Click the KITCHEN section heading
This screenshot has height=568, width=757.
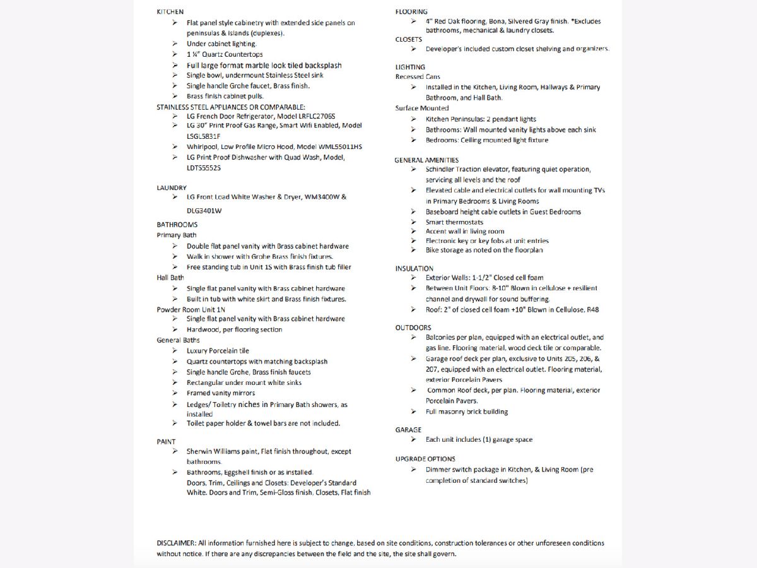click(170, 12)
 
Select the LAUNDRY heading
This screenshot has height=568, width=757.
click(172, 188)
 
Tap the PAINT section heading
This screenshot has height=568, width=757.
click(167, 442)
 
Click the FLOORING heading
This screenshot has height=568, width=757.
click(411, 12)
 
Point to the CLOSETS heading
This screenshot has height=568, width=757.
click(409, 39)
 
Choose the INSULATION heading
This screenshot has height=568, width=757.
click(414, 269)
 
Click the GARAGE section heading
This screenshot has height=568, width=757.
click(408, 430)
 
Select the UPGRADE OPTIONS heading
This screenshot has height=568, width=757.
click(425, 459)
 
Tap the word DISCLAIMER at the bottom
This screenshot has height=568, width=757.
click(176, 543)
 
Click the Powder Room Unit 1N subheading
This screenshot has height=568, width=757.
click(191, 309)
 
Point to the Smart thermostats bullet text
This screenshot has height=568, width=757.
click(454, 222)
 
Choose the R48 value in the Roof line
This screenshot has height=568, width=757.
click(592, 310)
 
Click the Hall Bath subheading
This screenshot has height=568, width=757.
click(170, 278)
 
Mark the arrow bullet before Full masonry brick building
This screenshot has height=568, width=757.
click(413, 411)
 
